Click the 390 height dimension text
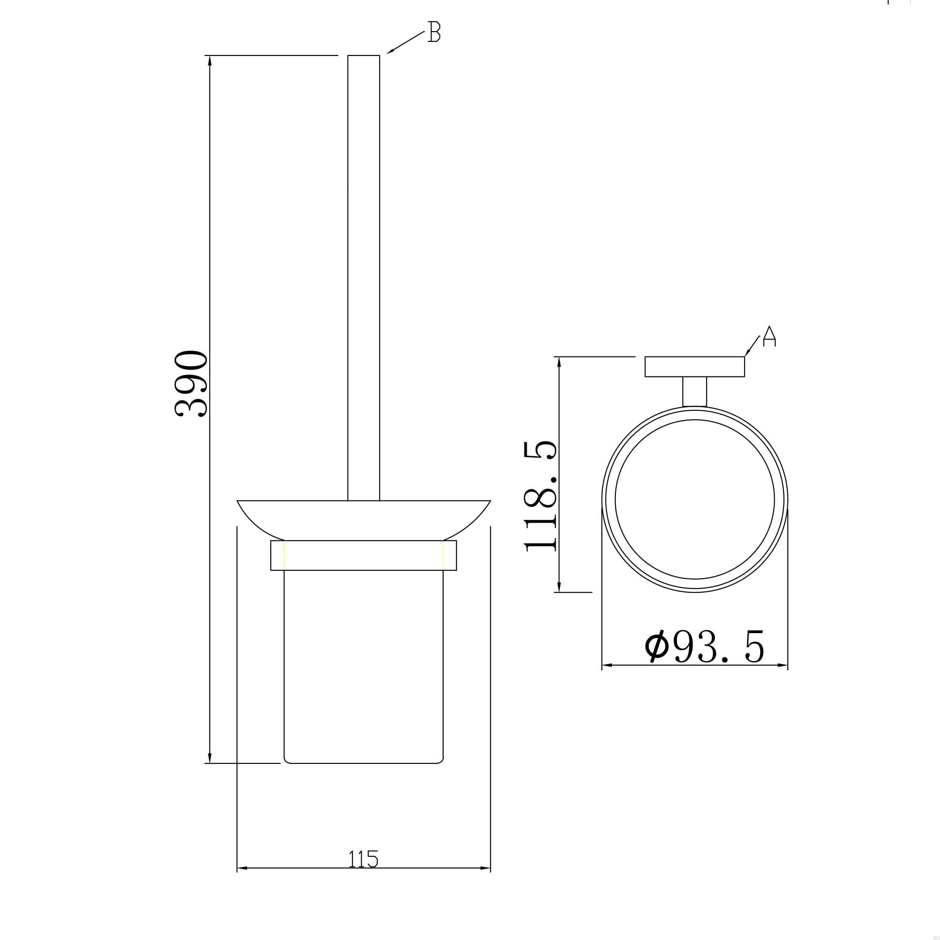191,384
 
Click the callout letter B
434,32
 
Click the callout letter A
769,337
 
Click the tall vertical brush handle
364,278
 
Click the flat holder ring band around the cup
364,555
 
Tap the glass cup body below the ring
364,667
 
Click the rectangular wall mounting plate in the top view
694,367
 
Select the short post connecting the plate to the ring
694,391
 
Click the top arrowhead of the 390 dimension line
209,60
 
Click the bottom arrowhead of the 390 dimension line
209,759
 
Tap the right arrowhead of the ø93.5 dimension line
783,665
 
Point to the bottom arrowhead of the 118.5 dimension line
559,587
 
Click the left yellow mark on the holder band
285,555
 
